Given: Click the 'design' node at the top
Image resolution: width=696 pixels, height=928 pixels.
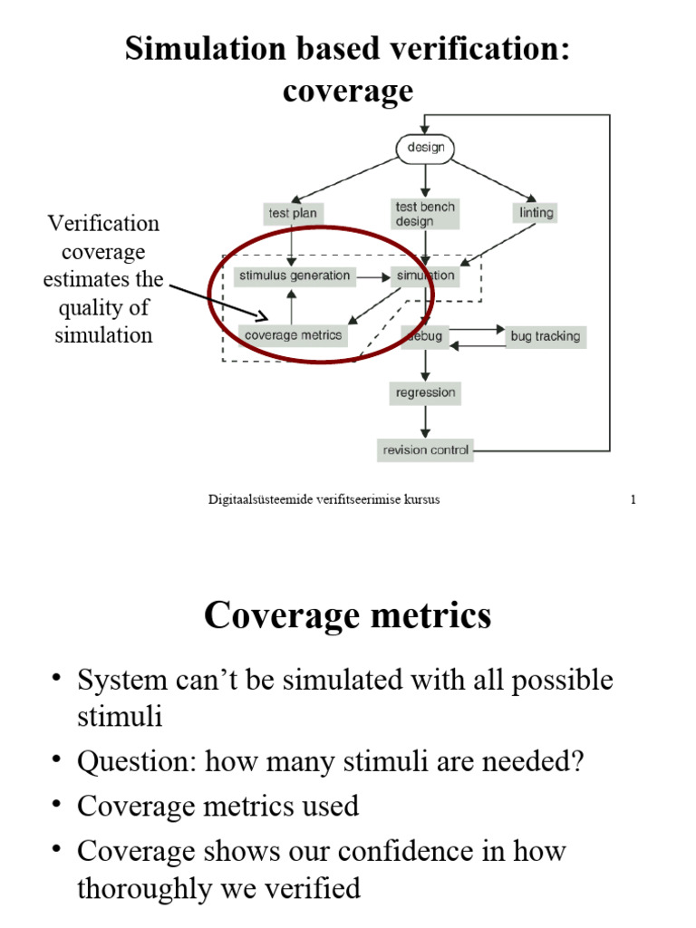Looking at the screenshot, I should pyautogui.click(x=425, y=149).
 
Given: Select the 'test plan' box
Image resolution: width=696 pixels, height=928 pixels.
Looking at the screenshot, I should pyautogui.click(x=291, y=214).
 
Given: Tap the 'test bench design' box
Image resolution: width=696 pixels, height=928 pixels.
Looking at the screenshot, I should pyautogui.click(x=424, y=214).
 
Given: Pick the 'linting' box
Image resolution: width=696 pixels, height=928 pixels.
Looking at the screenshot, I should pyautogui.click(x=536, y=213).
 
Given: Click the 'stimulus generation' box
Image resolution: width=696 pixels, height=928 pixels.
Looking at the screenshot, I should pyautogui.click(x=294, y=275).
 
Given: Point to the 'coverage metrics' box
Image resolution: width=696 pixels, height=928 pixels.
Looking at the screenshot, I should pyautogui.click(x=294, y=335).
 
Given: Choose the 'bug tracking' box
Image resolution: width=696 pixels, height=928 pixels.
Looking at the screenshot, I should pyautogui.click(x=545, y=336).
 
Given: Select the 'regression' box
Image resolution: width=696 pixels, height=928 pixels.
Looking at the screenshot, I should pyautogui.click(x=425, y=393).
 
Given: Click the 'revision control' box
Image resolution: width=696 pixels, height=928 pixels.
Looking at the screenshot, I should pyautogui.click(x=426, y=449).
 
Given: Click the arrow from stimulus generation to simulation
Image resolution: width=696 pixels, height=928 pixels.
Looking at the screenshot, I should pyautogui.click(x=372, y=275).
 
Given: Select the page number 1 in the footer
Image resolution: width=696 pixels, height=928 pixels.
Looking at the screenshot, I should pyautogui.click(x=633, y=500).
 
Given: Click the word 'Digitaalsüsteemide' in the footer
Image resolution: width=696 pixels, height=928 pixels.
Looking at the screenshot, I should pyautogui.click(x=256, y=500).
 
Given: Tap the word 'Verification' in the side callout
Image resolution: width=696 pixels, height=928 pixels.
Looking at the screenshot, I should pyautogui.click(x=103, y=223).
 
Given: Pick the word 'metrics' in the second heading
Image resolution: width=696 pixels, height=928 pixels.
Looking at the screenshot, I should pyautogui.click(x=430, y=616).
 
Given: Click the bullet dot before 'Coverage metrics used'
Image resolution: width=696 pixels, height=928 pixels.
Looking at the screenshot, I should pyautogui.click(x=57, y=804).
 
